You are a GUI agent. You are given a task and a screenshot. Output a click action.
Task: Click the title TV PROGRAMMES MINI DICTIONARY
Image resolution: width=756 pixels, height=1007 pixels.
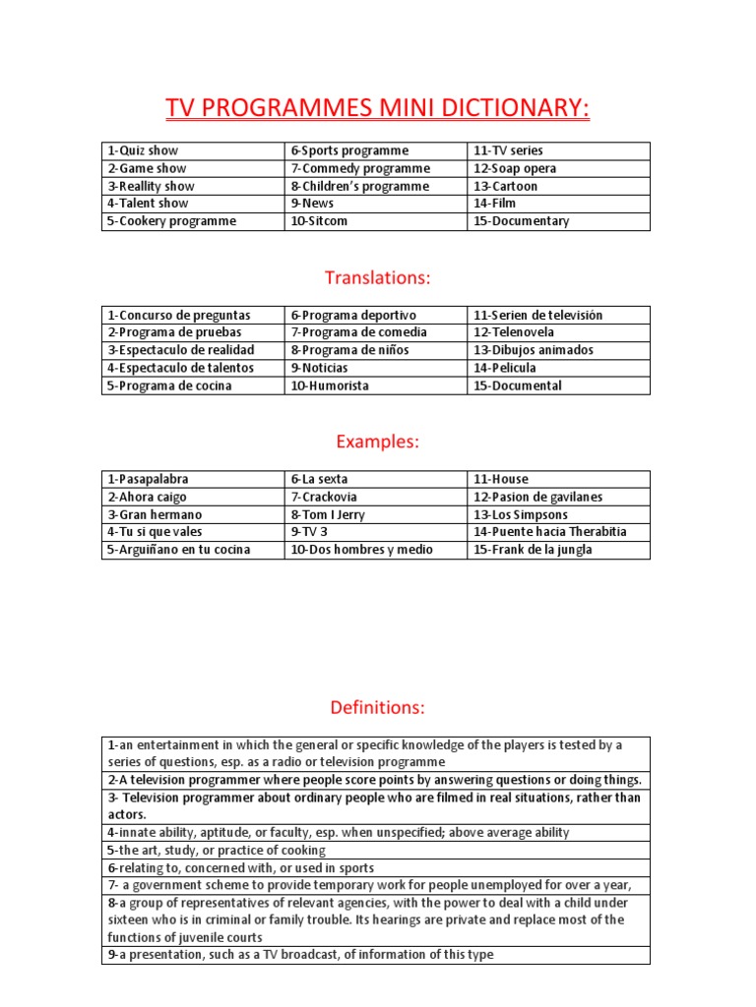coord(378,107)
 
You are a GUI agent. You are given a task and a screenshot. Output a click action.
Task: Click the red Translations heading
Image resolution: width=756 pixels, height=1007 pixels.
coord(378,278)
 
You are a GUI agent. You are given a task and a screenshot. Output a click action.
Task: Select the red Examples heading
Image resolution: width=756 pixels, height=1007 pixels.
coord(378,442)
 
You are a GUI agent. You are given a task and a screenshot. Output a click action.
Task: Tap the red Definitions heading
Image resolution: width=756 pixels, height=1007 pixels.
coord(378,706)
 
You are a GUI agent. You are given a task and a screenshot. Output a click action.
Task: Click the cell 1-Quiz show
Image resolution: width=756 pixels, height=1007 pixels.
coord(144,150)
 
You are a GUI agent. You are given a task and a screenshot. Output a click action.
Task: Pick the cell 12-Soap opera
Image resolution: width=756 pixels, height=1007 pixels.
coord(515,168)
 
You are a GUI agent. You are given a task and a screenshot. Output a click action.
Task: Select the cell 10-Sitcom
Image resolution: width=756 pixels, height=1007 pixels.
coord(319,221)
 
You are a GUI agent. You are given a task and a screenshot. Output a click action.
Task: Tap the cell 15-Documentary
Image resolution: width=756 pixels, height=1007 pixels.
coord(522,221)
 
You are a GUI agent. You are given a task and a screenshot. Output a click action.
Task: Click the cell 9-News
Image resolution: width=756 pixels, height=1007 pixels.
coord(313,204)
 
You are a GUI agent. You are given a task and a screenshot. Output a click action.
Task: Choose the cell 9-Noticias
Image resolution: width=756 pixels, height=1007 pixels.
coord(319,368)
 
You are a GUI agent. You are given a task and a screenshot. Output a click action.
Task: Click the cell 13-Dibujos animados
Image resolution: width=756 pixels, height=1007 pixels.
coord(534,350)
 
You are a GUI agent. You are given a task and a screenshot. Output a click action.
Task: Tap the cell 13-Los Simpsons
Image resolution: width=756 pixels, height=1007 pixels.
coord(521,514)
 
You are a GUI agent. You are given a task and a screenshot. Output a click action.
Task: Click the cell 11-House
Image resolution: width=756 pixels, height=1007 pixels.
coord(501,479)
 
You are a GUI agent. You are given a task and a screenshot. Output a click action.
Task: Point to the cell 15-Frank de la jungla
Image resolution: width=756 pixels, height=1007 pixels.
coord(533,550)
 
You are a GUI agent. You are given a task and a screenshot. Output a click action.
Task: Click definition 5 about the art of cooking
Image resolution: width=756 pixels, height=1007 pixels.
coord(217,850)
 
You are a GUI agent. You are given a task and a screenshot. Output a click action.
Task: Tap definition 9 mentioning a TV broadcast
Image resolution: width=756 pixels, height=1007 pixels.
coord(300,954)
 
